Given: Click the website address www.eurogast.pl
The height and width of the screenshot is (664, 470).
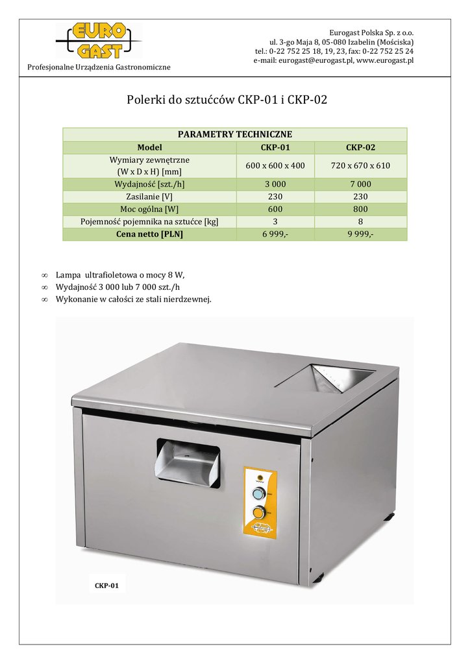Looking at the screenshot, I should pos(385,60).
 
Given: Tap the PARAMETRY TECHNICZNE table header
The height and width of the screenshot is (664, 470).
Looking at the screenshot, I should pos(234,134).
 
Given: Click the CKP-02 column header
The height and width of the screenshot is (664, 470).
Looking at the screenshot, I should pos(360,147).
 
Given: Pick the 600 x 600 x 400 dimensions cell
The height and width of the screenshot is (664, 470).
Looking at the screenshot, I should pos(275,165).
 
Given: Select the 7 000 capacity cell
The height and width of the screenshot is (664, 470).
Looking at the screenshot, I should pos(360,184).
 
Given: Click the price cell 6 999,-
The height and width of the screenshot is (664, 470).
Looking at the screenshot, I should pos(275,234).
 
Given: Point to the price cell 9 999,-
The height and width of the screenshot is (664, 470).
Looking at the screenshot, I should pos(360,234).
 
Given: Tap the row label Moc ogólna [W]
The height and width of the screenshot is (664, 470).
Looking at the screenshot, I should pos(149,209).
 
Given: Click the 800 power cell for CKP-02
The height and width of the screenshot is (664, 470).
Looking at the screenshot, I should pos(360,209).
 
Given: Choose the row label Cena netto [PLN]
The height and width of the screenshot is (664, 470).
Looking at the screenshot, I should pos(149,234).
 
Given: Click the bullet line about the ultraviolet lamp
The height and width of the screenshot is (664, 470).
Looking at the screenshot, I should pos(125,275).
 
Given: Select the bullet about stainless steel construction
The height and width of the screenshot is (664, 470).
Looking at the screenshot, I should pos(134,299).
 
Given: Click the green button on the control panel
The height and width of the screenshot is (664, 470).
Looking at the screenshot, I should pos(259,495).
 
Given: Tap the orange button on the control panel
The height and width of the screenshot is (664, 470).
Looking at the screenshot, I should pos(259,514).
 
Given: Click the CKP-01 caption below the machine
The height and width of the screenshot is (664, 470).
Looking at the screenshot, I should pos(106,586).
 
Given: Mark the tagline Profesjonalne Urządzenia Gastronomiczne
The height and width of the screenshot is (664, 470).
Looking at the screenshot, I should pos(99,67).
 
